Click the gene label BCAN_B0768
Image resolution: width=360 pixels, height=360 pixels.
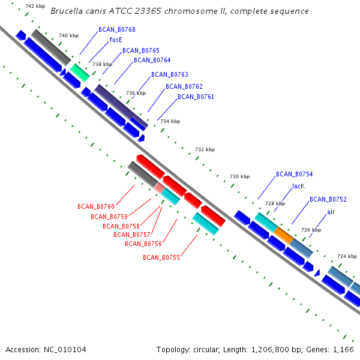click(117, 29)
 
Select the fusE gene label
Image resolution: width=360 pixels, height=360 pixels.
click(116, 40)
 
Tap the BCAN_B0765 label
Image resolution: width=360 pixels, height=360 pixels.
click(141, 50)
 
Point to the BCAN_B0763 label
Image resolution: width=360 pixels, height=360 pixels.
click(170, 74)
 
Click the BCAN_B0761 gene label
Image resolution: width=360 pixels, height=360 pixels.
click(196, 97)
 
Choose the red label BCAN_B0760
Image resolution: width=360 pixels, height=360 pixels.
click(96, 206)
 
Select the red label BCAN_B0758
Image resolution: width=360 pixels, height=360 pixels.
click(121, 226)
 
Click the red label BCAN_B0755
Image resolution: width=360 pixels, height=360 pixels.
click(161, 257)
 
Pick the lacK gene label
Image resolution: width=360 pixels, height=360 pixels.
click(298, 186)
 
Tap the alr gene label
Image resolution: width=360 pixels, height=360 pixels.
click(331, 212)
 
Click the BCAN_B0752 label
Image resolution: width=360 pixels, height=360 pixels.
click(328, 199)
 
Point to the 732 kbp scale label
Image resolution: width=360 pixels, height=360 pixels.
click(205, 149)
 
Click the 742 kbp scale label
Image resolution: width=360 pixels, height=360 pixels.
click(35, 6)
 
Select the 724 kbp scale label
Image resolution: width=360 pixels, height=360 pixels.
click(347, 256)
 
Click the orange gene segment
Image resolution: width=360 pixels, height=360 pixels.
click(284, 235)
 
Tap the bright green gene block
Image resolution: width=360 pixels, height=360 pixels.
click(80, 73)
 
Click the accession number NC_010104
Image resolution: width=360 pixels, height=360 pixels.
click(65, 350)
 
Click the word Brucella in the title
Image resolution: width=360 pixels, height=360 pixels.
click(67, 11)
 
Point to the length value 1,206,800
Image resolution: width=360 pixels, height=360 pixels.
click(270, 350)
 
